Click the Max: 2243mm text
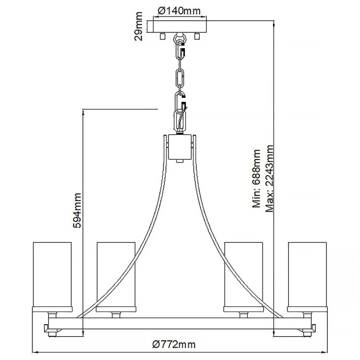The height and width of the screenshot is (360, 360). point(270,179)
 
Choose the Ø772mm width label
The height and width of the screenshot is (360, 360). point(174,344)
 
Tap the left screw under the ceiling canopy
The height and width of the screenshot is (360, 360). point(162,36)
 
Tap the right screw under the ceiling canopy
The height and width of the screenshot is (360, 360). point(197,36)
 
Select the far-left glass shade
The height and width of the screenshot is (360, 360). point(52,275)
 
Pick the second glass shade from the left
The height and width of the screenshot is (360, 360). point(116,275)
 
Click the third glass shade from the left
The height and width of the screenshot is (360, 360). point(244,275)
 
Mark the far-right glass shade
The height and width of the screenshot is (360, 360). point(307,275)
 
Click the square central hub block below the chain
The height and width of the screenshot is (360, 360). point(180,147)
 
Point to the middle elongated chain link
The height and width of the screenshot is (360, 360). point(181,78)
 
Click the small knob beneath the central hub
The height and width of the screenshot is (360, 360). point(180,161)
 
